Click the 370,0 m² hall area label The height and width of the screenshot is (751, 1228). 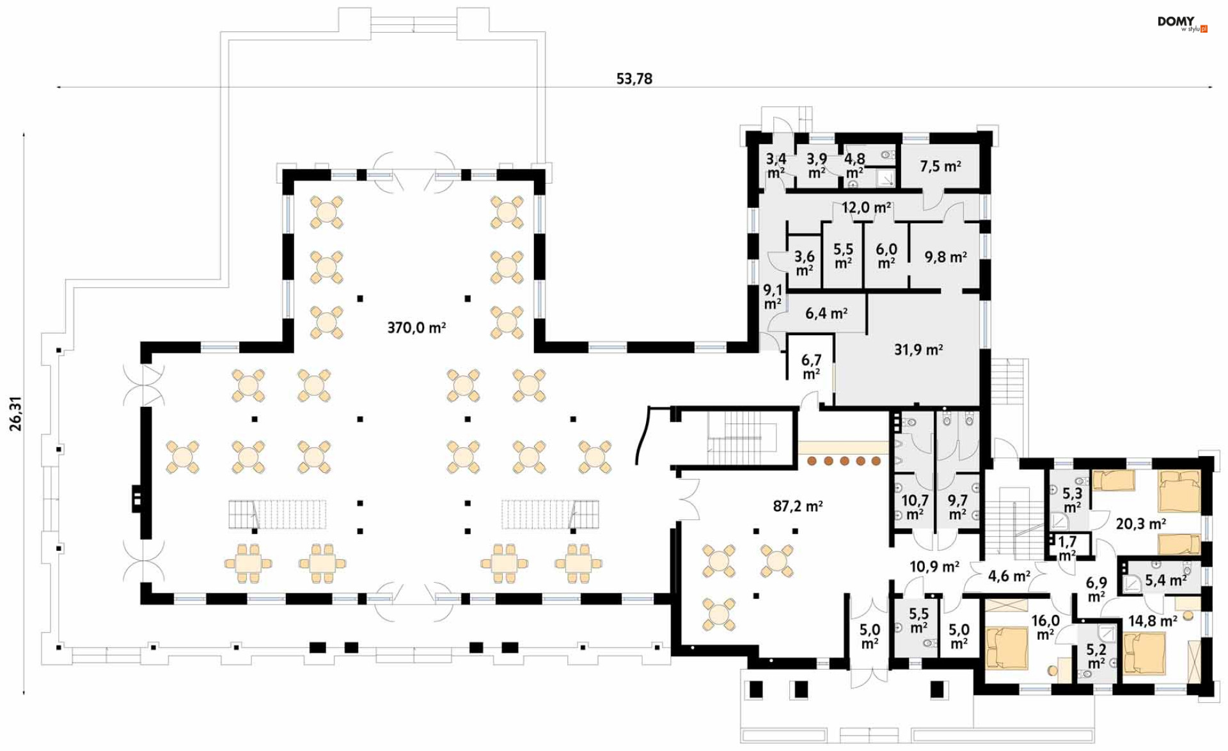click(x=416, y=328)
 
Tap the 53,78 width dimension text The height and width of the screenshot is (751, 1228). click(x=634, y=79)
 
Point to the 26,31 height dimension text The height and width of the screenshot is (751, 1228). click(x=15, y=414)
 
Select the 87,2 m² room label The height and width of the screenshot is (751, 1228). click(x=798, y=506)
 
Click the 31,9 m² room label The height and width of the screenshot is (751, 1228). click(x=918, y=349)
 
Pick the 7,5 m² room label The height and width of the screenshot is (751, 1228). click(x=940, y=166)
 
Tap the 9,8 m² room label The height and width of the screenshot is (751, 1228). click(x=945, y=257)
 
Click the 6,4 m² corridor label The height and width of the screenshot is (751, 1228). click(x=826, y=313)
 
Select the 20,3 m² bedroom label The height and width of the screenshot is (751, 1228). click(x=1141, y=524)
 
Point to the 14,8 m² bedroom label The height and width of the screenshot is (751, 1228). click(x=1153, y=621)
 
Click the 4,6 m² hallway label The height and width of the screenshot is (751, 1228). click(x=1009, y=576)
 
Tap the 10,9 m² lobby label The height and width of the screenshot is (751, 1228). click(x=934, y=566)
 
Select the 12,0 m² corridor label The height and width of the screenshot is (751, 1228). click(x=866, y=207)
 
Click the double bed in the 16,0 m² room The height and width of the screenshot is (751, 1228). click(x=1007, y=648)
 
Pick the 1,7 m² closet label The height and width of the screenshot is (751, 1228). click(x=1067, y=548)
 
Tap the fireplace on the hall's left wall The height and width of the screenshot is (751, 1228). click(x=136, y=499)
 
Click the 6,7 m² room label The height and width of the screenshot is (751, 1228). click(x=811, y=367)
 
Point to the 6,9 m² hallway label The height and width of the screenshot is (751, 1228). click(x=1096, y=589)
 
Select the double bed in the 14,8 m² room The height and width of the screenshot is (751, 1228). click(x=1144, y=653)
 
